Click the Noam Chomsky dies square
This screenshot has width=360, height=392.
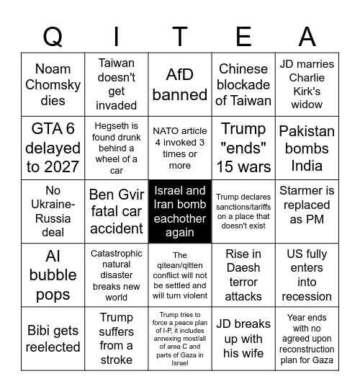pyautogui.click(x=53, y=85)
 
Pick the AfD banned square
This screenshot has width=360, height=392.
pyautogui.click(x=180, y=85)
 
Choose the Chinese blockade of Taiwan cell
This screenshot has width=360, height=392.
pyautogui.click(x=243, y=85)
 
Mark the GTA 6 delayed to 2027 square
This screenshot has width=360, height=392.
pyautogui.click(x=53, y=148)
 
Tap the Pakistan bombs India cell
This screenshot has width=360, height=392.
pyautogui.click(x=307, y=148)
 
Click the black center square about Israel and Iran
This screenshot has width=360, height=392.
pyautogui.click(x=180, y=212)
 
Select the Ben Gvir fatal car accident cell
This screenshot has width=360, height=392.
pyautogui.click(x=117, y=212)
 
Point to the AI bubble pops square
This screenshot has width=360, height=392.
pyautogui.click(x=53, y=275)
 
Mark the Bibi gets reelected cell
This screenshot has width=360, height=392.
pyautogui.click(x=53, y=338)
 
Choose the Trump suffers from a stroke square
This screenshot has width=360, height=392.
pyautogui.click(x=117, y=338)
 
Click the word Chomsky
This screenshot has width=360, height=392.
pyautogui.click(x=53, y=85)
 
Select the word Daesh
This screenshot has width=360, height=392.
pyautogui.click(x=243, y=282)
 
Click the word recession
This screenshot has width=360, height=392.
pyautogui.click(x=307, y=296)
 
